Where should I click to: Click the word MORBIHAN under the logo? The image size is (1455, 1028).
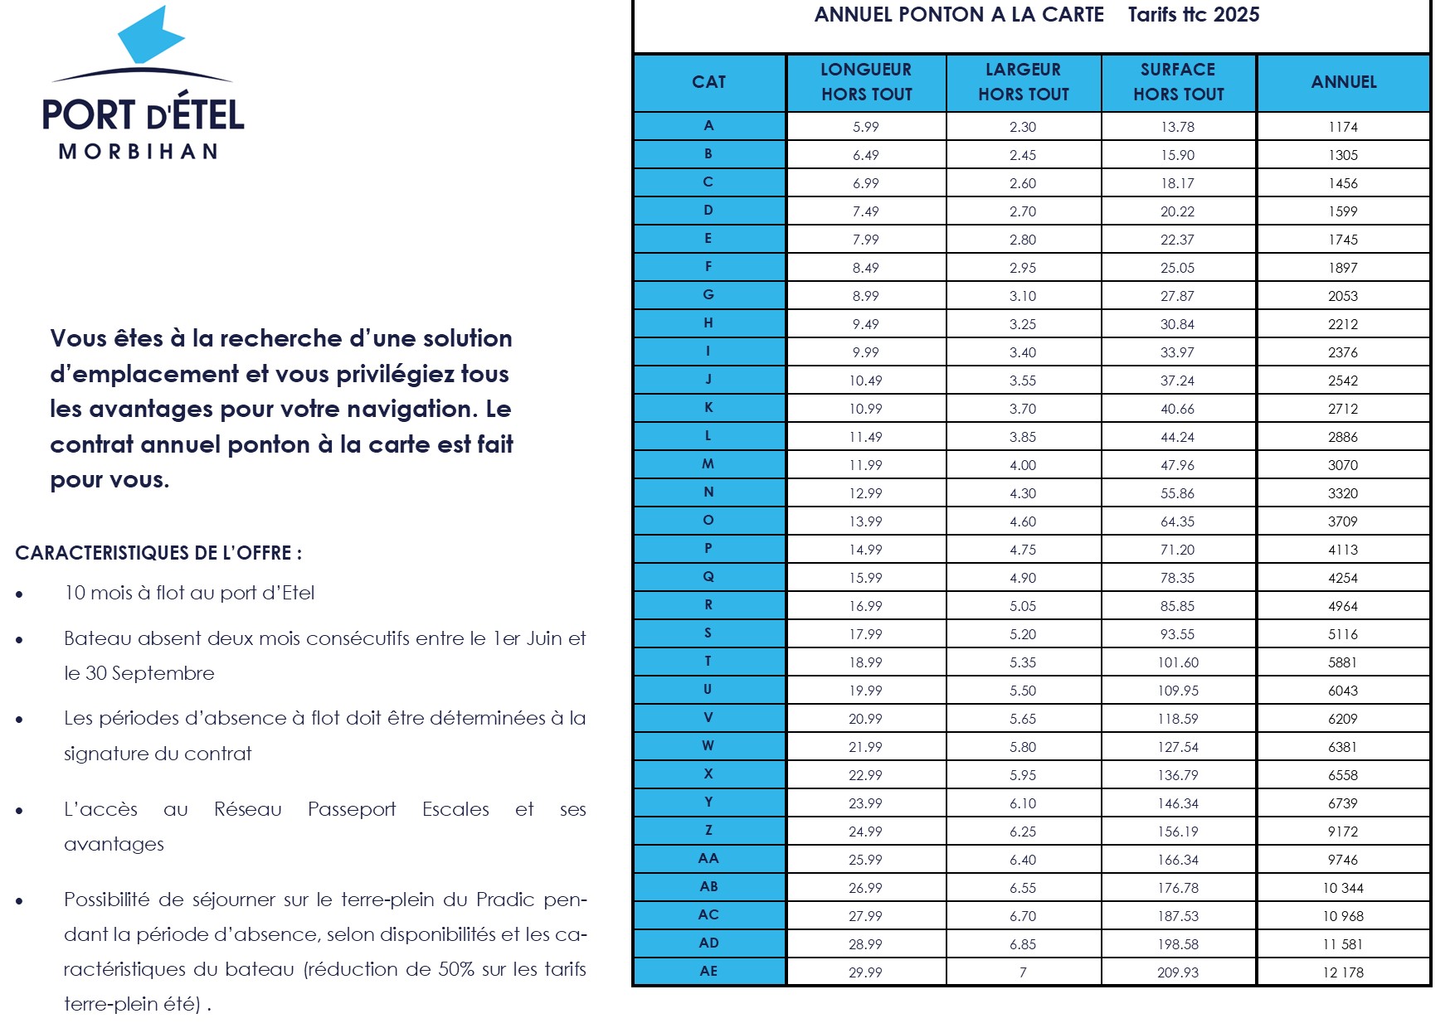click(139, 152)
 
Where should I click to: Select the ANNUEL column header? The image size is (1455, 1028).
click(1343, 82)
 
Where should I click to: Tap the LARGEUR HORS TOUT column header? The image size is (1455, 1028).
click(1023, 82)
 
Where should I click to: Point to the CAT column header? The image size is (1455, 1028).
click(708, 82)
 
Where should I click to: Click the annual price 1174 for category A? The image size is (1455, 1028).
click(1342, 127)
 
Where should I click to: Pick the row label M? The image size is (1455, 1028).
click(708, 464)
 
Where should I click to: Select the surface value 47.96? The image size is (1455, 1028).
click(1177, 465)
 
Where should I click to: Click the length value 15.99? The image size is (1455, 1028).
click(865, 578)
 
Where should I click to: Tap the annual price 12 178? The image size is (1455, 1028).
click(1342, 972)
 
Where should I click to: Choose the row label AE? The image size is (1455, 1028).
click(708, 972)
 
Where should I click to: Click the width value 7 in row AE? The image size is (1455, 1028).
click(1023, 972)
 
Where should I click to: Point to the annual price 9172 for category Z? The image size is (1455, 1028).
click(1342, 832)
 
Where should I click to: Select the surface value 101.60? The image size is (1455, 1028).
click(1177, 662)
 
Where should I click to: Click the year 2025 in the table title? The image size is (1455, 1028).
click(1236, 15)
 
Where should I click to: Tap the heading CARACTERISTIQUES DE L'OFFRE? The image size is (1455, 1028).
click(158, 553)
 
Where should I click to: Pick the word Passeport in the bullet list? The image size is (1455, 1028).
click(352, 809)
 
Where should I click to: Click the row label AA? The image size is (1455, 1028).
click(708, 859)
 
